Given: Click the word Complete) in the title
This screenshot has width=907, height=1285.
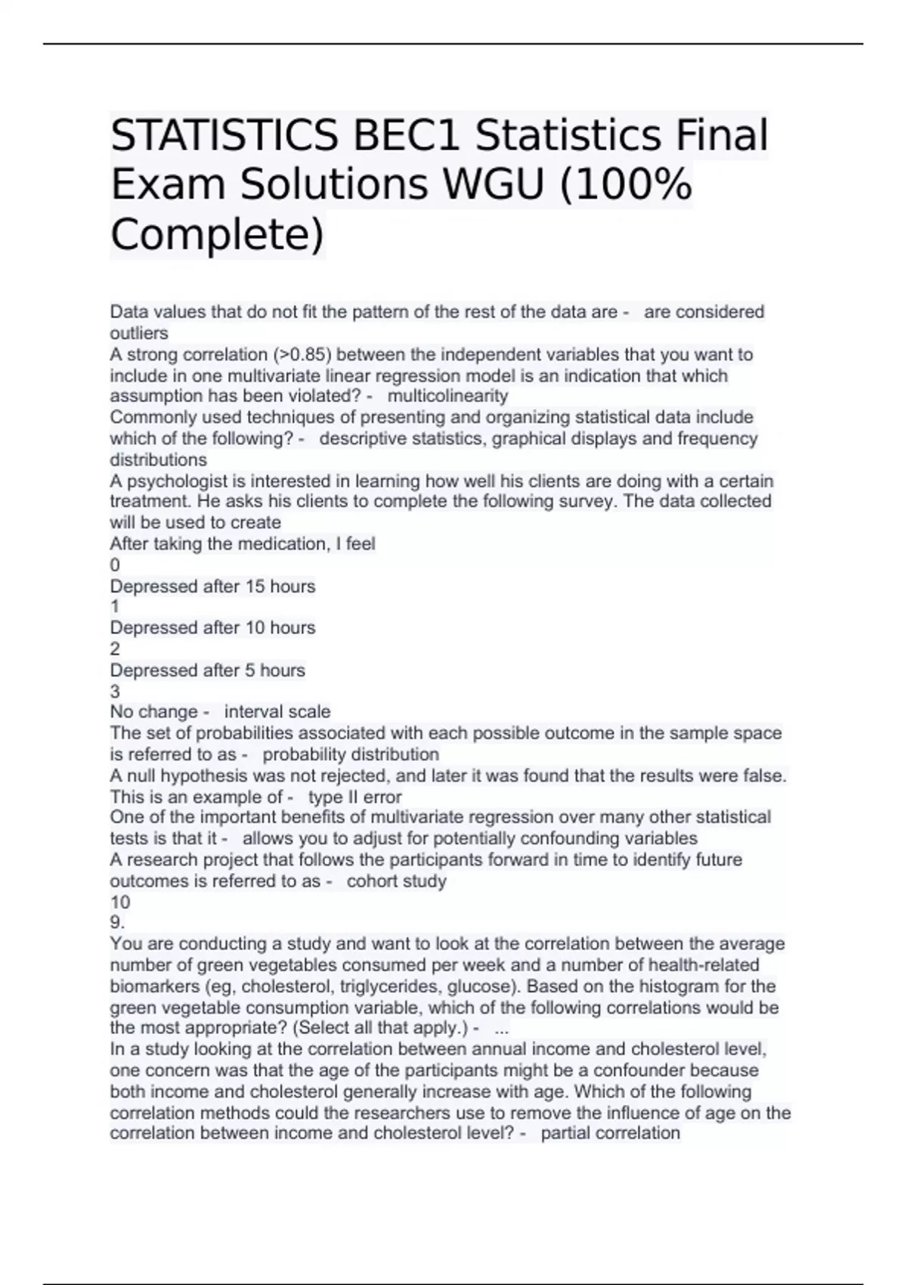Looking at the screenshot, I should point(217,234).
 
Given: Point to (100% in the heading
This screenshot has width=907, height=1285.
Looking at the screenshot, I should point(624,185).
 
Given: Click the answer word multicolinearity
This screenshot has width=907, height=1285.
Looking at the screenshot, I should point(447,396).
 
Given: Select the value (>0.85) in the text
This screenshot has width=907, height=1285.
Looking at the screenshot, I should point(302,355).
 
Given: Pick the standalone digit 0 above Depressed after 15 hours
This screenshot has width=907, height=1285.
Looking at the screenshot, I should point(115,565).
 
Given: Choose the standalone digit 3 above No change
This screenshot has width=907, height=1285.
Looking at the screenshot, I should point(115,691).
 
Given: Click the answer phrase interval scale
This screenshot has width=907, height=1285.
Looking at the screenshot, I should point(277,712).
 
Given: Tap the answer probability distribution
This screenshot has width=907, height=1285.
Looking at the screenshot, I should point(351,754).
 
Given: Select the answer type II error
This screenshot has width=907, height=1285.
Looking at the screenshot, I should point(354,797).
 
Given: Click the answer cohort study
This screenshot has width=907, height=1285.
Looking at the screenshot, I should point(397,881).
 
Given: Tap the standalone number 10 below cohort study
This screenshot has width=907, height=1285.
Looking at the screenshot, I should point(120,903).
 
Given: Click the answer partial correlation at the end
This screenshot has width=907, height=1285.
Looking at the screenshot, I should point(611,1133).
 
